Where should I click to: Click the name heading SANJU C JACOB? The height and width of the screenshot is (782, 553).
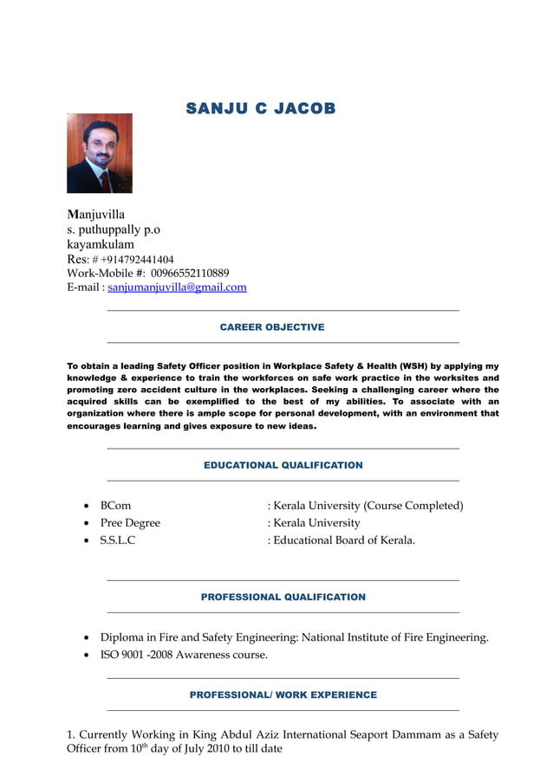260,108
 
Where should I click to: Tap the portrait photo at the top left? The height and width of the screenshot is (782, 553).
100,153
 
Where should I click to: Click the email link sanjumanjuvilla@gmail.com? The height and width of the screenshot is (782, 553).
177,288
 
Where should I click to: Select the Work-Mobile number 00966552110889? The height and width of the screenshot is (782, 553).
190,273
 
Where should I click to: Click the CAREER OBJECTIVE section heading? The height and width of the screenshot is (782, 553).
272,327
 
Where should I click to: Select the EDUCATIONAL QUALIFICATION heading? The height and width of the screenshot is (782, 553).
283,465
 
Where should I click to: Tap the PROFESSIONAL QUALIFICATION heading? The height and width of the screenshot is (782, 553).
283,598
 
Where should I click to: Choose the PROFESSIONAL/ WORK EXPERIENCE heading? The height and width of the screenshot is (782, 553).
283,695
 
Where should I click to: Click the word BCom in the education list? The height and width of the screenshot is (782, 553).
115,506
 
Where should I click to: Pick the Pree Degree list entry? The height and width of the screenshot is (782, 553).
130,523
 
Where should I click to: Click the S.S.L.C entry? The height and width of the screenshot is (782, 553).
118,540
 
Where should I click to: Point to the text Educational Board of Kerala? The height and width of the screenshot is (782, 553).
344,540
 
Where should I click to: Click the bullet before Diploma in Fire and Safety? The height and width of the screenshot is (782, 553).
87,638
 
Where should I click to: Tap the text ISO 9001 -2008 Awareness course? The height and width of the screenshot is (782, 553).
184,655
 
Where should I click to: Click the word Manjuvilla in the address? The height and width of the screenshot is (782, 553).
96,214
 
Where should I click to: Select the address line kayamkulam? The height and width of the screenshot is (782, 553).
101,244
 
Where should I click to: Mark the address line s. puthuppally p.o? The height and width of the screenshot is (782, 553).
114,229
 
